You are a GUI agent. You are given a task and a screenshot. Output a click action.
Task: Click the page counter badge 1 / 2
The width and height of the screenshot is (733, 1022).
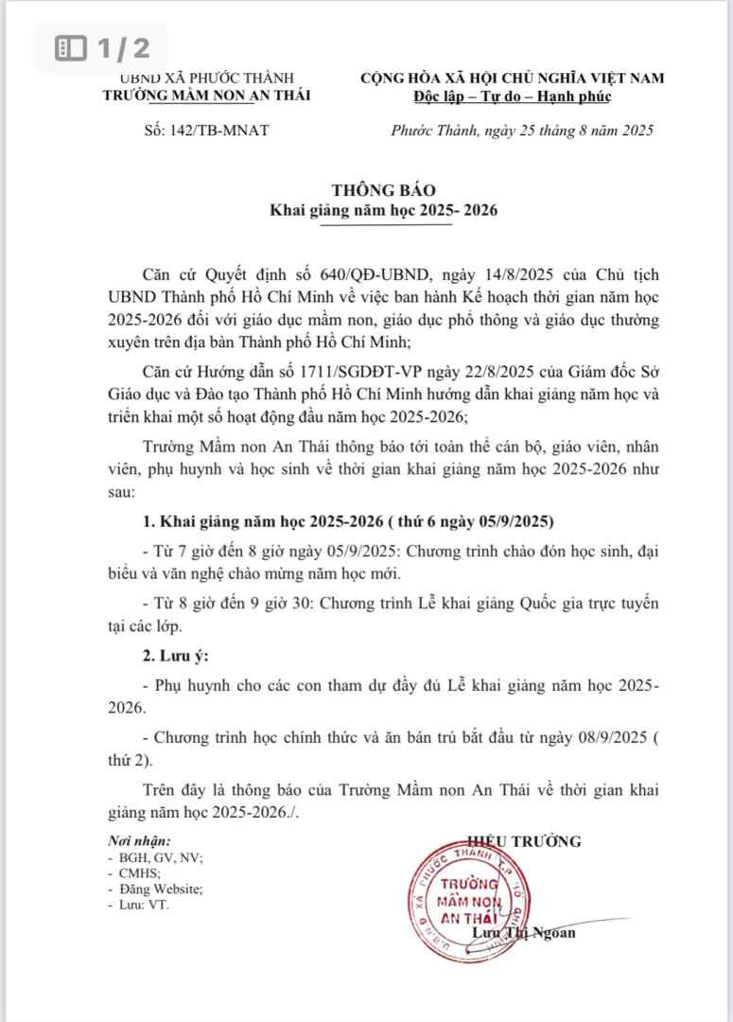[98, 47]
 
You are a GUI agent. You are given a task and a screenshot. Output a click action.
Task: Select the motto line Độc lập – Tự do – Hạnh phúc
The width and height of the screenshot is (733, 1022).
[513, 96]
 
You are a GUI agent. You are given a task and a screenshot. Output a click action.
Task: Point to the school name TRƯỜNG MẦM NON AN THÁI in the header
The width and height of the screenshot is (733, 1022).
[206, 95]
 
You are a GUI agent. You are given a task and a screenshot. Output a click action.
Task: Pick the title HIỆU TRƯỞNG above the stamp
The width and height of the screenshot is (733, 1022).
[524, 841]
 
